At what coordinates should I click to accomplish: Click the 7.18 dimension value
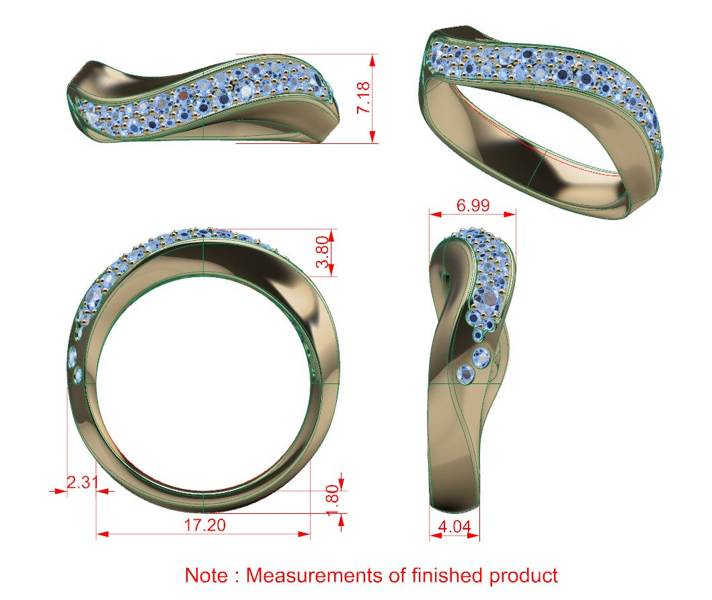[363, 98]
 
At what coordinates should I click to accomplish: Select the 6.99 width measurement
[473, 205]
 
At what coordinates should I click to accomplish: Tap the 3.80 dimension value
[322, 252]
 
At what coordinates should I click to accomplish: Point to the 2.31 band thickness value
[82, 482]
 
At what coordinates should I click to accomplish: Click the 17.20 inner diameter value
[205, 525]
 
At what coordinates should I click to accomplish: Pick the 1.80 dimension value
[333, 500]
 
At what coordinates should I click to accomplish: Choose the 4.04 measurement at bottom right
[454, 527]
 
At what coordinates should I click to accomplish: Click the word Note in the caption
[206, 575]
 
